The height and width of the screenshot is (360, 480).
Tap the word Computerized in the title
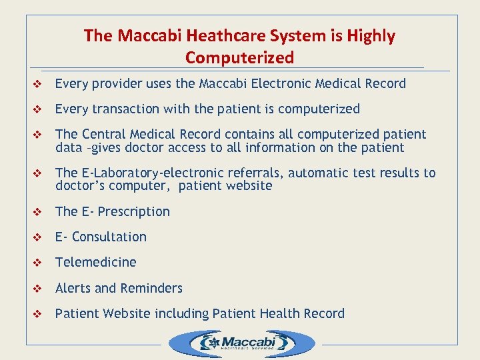[x=239, y=58]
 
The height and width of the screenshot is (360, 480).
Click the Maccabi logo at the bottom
[x=241, y=344]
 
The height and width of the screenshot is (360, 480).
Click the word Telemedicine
[x=95, y=262]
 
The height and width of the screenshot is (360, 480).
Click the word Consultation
[x=109, y=237]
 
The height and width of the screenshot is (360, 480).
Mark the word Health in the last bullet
[x=285, y=313]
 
